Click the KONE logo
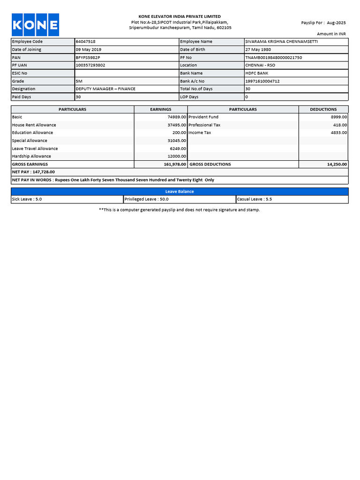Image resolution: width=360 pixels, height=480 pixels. click(x=35, y=25)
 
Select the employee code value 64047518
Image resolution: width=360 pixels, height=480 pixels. click(x=85, y=42)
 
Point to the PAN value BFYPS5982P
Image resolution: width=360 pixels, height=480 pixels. click(x=88, y=57)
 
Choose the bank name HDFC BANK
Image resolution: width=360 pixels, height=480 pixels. click(x=257, y=73)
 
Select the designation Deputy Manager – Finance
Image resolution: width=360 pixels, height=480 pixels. click(x=105, y=89)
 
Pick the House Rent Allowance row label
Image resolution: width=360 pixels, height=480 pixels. click(x=34, y=125)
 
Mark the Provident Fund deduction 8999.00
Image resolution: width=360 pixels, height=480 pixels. click(x=339, y=117)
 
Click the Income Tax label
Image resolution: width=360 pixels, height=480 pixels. click(x=200, y=133)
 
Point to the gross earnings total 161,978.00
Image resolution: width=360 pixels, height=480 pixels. click(x=175, y=165)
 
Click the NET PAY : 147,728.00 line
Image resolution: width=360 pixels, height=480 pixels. click(x=33, y=172)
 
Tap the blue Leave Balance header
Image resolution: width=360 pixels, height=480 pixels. click(x=180, y=191)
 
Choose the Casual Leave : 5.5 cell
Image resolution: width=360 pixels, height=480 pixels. click(x=255, y=199)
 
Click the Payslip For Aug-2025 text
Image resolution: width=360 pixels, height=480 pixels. click(x=323, y=22)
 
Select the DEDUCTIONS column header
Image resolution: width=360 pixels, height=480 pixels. click(x=323, y=109)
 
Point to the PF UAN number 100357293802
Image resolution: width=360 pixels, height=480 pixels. click(x=90, y=65)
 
